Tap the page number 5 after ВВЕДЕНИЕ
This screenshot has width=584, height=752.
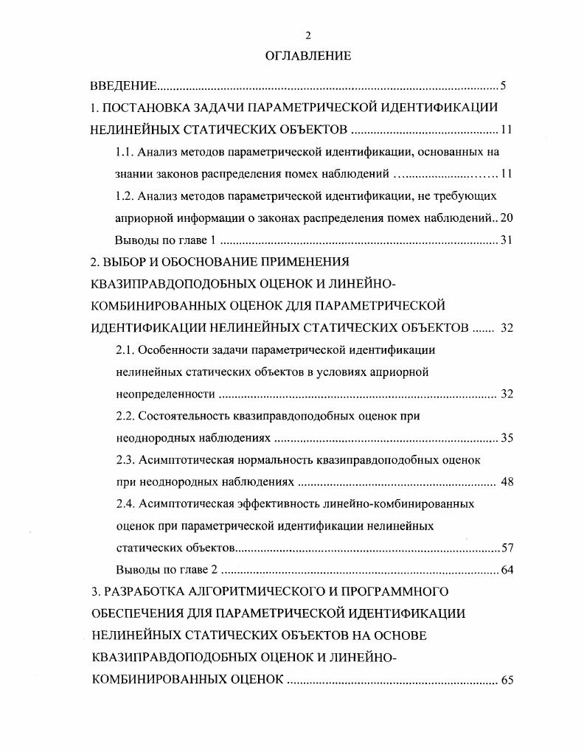(x=502, y=87)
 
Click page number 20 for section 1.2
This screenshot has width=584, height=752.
(x=506, y=218)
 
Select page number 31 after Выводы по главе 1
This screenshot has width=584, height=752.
(x=506, y=240)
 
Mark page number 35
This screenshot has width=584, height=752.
(x=507, y=438)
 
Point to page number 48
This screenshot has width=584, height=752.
(x=507, y=482)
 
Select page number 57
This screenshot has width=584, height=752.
(x=507, y=548)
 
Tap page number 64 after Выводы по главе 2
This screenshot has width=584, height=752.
(x=507, y=570)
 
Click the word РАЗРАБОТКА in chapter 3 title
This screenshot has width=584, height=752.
(x=143, y=591)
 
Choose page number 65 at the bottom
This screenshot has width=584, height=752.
(x=507, y=680)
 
